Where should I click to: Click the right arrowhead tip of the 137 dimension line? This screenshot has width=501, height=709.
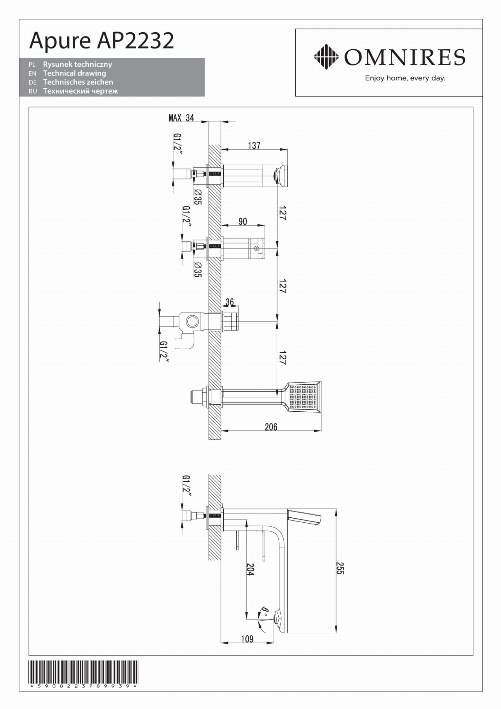(287, 150)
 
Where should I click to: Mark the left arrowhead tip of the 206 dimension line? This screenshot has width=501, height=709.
(221, 431)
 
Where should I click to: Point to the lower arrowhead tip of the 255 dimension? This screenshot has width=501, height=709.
(337, 632)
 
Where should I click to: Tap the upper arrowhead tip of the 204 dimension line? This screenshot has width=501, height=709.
(246, 520)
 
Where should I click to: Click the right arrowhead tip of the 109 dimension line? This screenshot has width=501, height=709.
(274, 643)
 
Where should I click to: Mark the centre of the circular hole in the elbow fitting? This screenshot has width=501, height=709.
(192, 321)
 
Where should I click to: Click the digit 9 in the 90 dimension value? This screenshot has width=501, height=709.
(241, 221)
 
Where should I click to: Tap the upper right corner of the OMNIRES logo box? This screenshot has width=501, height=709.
(482, 29)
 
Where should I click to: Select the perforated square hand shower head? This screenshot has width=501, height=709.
(303, 396)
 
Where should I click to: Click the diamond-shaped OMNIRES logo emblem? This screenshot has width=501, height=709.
(326, 57)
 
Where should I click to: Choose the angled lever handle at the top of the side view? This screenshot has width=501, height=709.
(304, 517)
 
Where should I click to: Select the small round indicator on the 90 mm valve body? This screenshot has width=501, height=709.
(256, 248)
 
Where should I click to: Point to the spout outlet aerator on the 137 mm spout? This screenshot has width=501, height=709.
(277, 175)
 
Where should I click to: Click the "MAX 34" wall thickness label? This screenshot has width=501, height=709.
(181, 118)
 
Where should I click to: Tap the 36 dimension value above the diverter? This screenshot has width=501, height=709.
(230, 302)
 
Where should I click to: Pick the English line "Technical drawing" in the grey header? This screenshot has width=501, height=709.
(74, 73)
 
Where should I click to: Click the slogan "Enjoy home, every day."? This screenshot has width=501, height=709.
(405, 78)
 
